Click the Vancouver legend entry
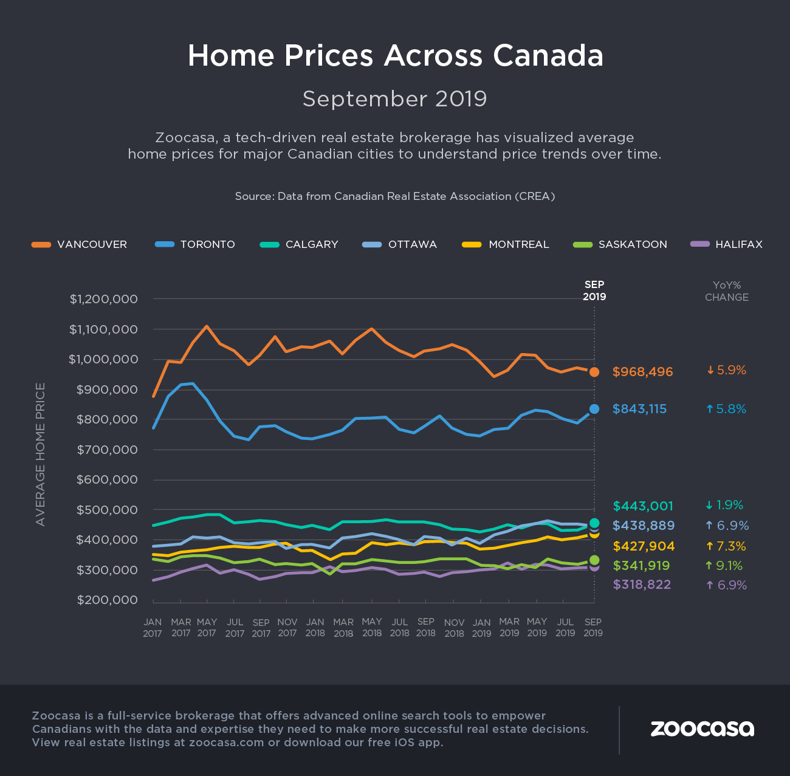point(80,244)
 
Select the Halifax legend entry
point(726,244)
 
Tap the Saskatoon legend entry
point(620,244)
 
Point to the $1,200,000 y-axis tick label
point(112,299)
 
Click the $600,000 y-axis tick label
point(115,479)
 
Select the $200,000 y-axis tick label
point(115,600)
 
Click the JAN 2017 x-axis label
point(153,628)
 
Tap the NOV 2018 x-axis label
point(454,628)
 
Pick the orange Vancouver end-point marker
point(594,372)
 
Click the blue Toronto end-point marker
point(594,409)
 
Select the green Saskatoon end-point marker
point(594,560)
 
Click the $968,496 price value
point(642,372)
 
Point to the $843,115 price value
point(639,409)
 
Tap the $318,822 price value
point(642,585)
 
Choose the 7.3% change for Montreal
point(726,546)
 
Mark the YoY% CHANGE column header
point(726,291)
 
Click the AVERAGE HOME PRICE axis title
point(41,454)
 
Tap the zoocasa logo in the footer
point(702,728)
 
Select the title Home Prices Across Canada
point(395,55)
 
